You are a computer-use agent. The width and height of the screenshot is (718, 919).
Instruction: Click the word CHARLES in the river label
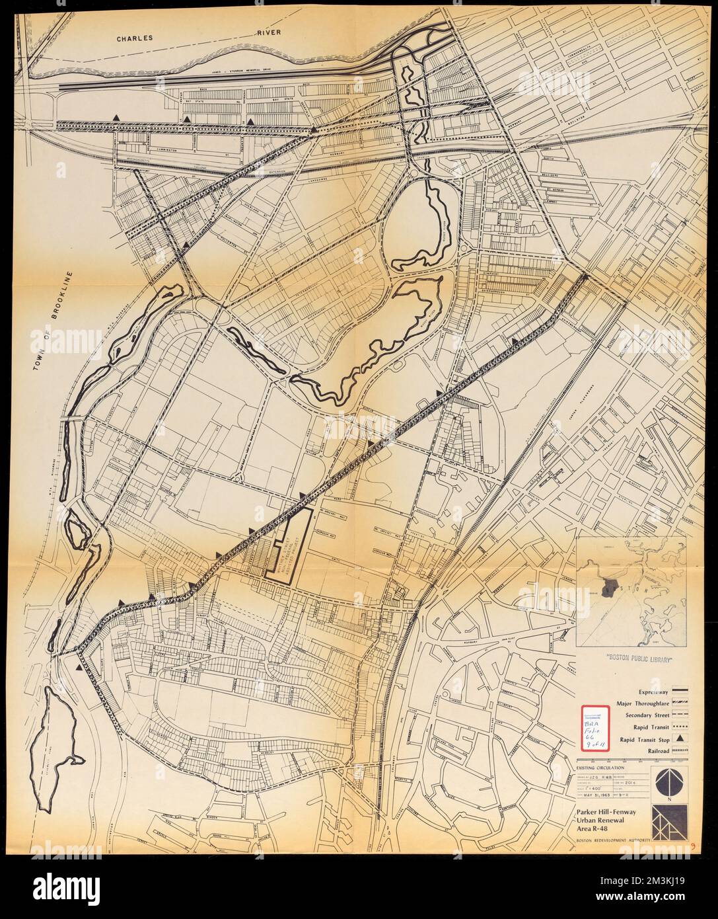pos(135,39)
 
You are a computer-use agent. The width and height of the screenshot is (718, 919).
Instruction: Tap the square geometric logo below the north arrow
pos(666,821)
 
